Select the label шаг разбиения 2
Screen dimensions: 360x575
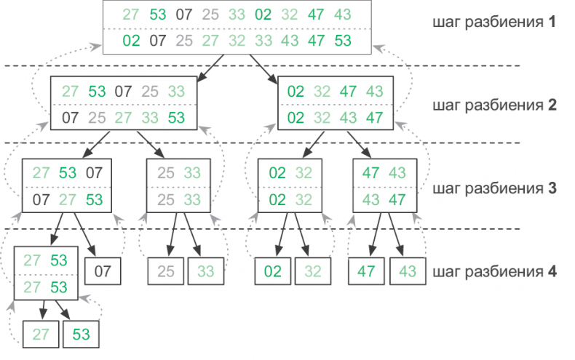click(493, 104)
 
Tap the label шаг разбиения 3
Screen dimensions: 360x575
click(493, 188)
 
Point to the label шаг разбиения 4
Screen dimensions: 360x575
click(493, 272)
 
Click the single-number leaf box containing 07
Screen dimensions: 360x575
click(103, 273)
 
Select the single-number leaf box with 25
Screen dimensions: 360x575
click(165, 273)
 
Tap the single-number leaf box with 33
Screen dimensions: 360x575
click(206, 273)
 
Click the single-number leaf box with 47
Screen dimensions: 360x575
click(366, 273)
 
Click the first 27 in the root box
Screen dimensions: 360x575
click(131, 15)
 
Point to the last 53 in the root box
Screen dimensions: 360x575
click(342, 40)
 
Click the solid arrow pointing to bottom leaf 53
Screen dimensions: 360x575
click(63, 308)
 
